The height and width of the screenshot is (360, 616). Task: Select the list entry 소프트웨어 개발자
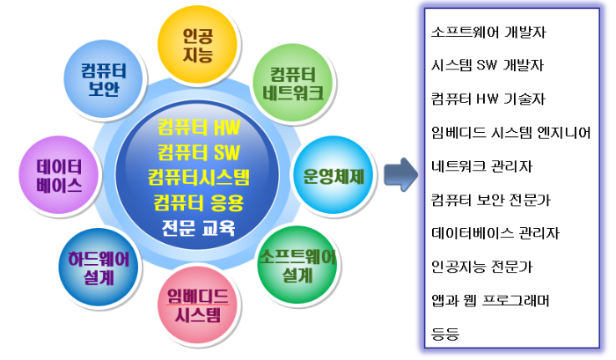click(x=487, y=32)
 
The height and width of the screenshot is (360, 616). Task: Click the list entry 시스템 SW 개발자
click(x=487, y=65)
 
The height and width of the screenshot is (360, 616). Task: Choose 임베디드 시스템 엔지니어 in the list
click(x=510, y=132)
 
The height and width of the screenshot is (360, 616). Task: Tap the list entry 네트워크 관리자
click(x=482, y=165)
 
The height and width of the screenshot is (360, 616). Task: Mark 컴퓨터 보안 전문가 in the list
click(x=491, y=199)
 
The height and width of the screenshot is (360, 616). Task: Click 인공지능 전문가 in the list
click(x=482, y=266)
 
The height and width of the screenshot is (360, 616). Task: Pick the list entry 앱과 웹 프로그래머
click(x=491, y=299)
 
